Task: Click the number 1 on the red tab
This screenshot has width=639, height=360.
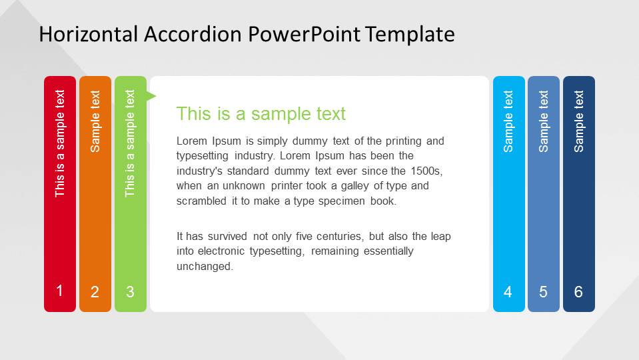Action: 60,291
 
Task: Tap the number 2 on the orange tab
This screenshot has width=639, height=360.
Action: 95,292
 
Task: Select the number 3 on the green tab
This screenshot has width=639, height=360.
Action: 130,292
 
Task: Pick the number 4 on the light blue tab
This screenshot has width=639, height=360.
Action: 508,292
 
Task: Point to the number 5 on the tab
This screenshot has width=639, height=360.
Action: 543,292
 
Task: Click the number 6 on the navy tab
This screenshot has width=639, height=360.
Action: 578,292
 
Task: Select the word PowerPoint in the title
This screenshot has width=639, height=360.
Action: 305,34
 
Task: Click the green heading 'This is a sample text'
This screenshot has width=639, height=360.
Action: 261,114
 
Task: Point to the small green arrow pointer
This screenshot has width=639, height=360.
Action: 151,97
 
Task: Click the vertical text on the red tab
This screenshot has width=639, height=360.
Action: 60,143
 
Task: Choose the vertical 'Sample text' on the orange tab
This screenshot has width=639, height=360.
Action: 95,121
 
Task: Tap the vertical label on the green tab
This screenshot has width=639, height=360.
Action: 130,143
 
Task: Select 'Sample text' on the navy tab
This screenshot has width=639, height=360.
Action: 579,121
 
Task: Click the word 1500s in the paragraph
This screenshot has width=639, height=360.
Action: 426,171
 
